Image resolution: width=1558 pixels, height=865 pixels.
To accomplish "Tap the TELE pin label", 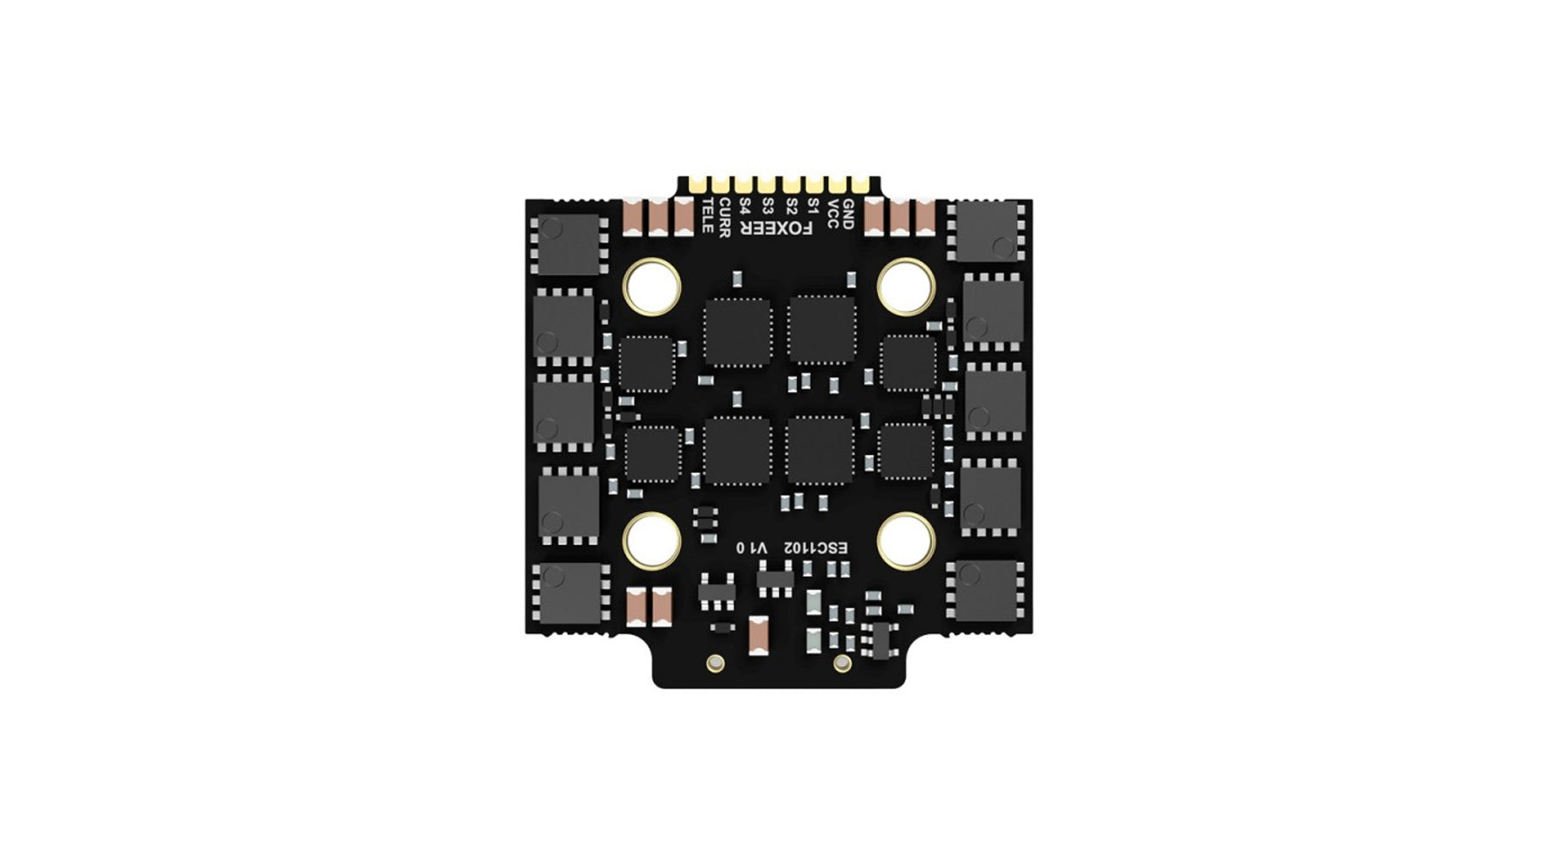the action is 707,215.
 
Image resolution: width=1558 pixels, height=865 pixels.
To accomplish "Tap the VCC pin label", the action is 833,214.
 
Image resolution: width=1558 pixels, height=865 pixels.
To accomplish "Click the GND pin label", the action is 848,214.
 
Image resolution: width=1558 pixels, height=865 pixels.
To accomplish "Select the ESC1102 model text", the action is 816,548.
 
